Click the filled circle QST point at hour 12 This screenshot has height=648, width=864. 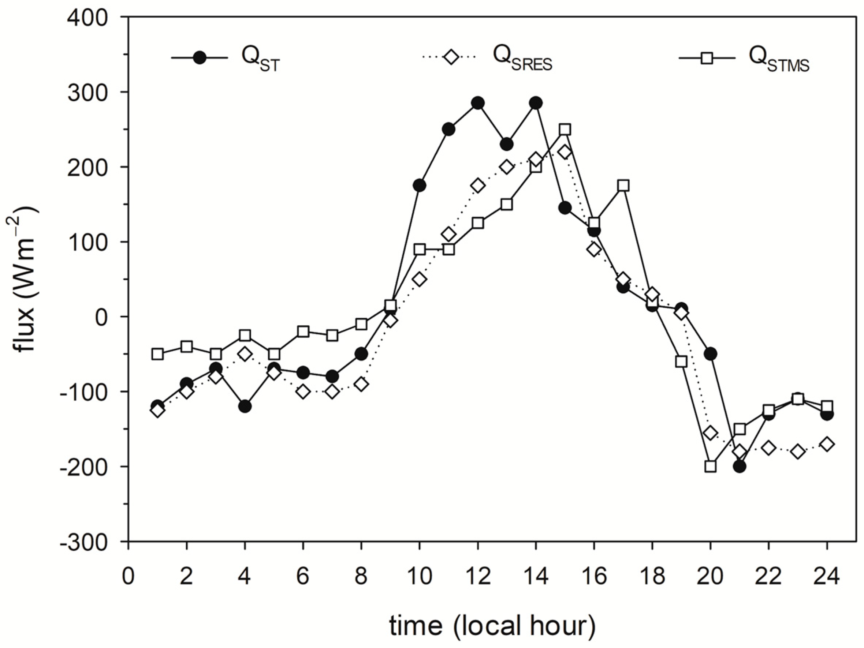(478, 103)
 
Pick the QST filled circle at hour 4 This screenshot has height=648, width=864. (245, 407)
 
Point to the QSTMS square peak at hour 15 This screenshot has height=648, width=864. (565, 130)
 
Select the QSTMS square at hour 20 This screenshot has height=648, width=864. (711, 467)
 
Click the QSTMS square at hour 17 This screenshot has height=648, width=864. (623, 186)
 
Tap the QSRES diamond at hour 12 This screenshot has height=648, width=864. (478, 186)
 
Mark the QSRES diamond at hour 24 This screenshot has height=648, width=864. (827, 444)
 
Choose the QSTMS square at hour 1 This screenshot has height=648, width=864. (157, 354)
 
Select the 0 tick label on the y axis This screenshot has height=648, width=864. (101, 317)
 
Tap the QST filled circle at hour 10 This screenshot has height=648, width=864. (419, 186)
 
